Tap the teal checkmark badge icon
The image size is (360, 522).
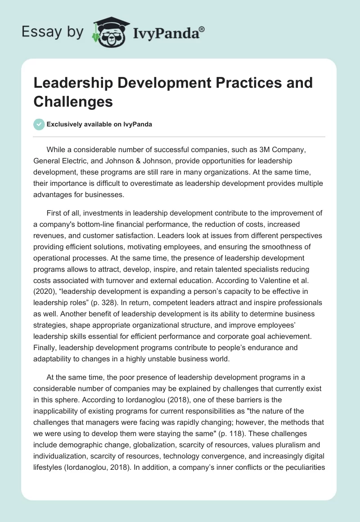39,125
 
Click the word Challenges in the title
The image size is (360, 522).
73,101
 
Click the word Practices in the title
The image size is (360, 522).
231,83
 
